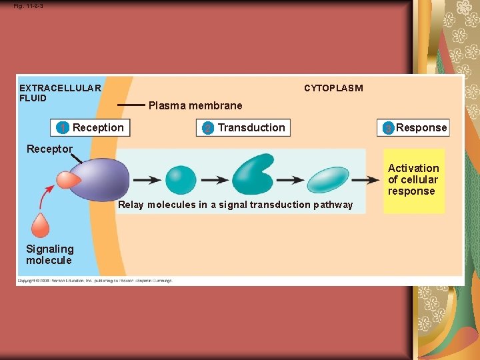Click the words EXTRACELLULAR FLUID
click(x=60, y=93)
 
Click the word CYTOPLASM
click(x=333, y=88)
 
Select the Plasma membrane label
click(x=195, y=105)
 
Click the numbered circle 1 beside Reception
click(x=62, y=128)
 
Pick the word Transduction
click(x=251, y=127)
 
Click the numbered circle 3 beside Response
click(x=388, y=128)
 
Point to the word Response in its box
click(x=421, y=127)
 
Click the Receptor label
click(x=49, y=149)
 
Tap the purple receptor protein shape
click(x=100, y=179)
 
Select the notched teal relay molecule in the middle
click(x=253, y=175)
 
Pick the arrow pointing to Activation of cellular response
click(x=365, y=180)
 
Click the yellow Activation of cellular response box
click(x=413, y=180)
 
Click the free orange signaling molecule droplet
click(x=41, y=225)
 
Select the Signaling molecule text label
click(x=49, y=255)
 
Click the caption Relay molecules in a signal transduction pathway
click(x=235, y=205)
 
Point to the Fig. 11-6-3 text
click(x=29, y=6)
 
